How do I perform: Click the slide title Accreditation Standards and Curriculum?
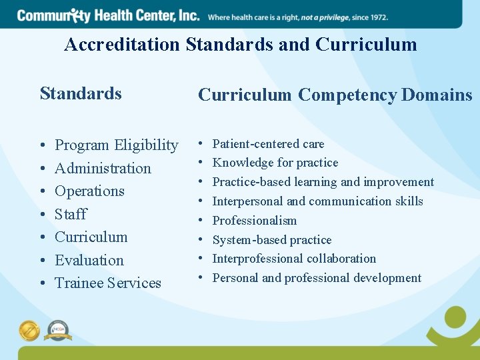[x=240, y=45]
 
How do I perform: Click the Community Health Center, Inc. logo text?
[x=108, y=15]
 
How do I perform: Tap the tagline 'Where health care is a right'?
[x=297, y=17]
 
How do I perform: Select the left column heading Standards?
[x=81, y=93]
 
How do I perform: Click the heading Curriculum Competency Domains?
[x=335, y=95]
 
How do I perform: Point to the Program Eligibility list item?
[x=116, y=145]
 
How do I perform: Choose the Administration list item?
[x=103, y=168]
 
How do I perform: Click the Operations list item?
[x=89, y=191]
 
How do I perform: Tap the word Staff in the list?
[x=71, y=214]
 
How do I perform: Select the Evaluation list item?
[x=89, y=260]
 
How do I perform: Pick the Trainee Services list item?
[x=107, y=283]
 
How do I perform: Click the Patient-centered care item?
[x=268, y=144]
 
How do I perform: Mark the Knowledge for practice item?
[x=275, y=163]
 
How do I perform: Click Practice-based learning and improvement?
[x=323, y=182]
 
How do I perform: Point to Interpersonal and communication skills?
[x=317, y=201]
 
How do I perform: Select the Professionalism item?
[x=254, y=221]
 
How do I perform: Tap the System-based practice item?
[x=271, y=240]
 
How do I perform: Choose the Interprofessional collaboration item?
[x=294, y=259]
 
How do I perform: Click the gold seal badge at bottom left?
[x=29, y=331]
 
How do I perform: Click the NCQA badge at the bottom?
[x=57, y=331]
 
